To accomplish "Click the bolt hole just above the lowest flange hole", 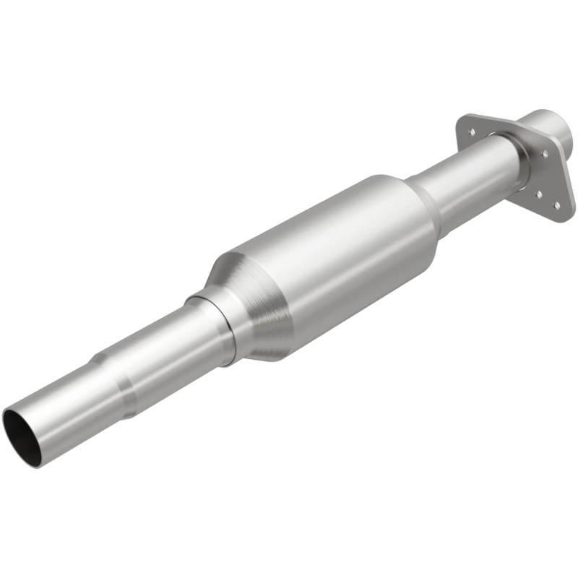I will coord(539,194).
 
